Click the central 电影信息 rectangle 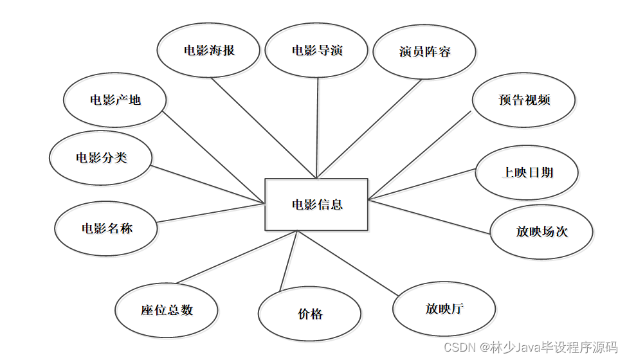click(316, 204)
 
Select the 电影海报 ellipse click(209, 51)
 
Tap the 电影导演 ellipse click(316, 51)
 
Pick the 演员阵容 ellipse click(424, 52)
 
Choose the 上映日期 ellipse click(527, 173)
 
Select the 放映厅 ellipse click(444, 309)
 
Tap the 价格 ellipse click(310, 314)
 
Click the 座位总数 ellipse click(167, 310)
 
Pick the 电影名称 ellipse click(106, 228)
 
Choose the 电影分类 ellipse click(101, 157)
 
